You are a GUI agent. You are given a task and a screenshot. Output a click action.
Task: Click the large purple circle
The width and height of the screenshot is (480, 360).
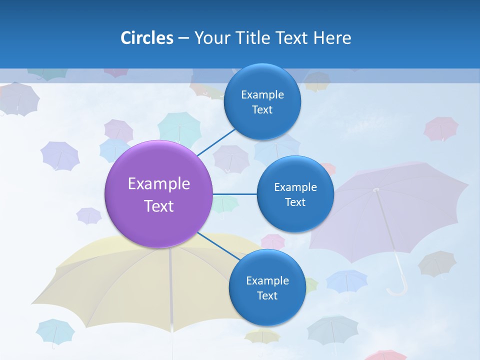(159, 194)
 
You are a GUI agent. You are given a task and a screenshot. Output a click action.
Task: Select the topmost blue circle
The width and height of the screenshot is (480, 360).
(262, 101)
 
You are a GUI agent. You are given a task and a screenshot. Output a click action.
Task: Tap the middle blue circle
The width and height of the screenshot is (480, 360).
(295, 194)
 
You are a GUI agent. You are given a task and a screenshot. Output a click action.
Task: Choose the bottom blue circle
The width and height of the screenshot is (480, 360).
(267, 287)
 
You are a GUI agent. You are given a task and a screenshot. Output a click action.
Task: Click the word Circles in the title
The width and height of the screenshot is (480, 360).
(147, 38)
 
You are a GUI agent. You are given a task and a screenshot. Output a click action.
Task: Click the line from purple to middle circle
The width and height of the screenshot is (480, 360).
(234, 194)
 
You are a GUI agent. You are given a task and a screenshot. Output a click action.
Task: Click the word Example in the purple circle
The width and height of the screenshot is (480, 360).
(159, 183)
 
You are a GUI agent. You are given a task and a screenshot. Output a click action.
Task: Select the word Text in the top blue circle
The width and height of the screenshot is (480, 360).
(262, 110)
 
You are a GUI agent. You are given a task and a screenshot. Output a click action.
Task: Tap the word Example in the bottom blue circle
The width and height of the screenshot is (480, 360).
(267, 280)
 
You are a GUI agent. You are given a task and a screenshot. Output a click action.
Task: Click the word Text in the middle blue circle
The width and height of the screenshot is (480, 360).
(295, 202)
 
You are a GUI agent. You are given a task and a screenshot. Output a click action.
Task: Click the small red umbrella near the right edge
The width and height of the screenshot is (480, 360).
(441, 128)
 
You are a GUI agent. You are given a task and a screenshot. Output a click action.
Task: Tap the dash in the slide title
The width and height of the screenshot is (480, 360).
(183, 38)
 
